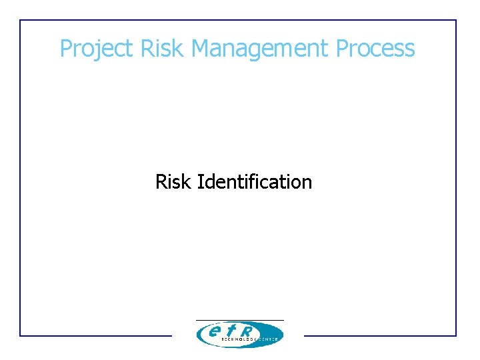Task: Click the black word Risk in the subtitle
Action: click(x=174, y=181)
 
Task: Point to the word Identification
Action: click(x=255, y=181)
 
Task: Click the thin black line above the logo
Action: click(x=239, y=320)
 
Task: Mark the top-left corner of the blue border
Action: click(x=21, y=21)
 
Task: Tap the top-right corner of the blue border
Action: click(x=456, y=21)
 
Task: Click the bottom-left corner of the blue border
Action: click(x=21, y=335)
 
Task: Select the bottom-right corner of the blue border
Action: click(x=456, y=335)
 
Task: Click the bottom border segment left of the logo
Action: click(x=96, y=335)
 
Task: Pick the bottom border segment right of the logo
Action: click(x=380, y=335)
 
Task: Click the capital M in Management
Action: click(x=201, y=49)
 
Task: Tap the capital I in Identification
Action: click(x=199, y=181)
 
